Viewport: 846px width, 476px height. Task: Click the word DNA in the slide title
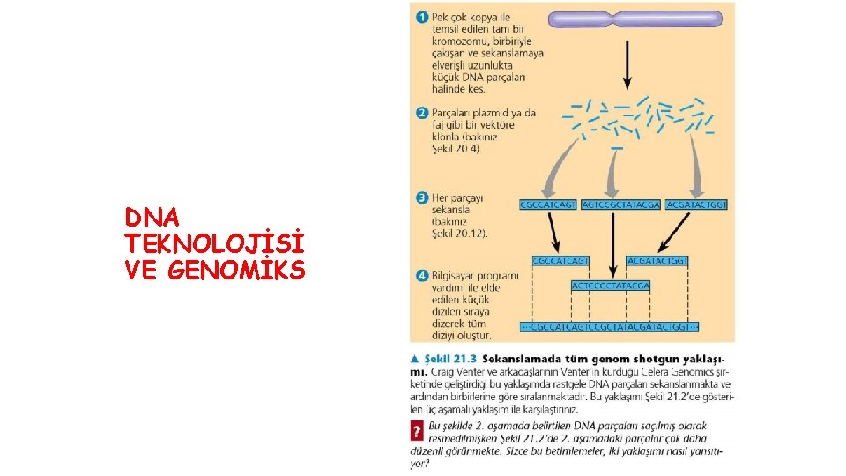click(x=152, y=217)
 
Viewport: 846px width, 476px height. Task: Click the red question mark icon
click(x=417, y=433)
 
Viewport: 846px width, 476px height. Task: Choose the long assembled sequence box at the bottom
click(x=610, y=327)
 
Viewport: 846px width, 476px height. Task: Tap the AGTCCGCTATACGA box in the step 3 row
click(x=620, y=205)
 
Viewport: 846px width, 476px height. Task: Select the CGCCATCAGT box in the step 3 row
click(x=548, y=205)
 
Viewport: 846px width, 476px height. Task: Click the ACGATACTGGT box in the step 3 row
click(x=698, y=205)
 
